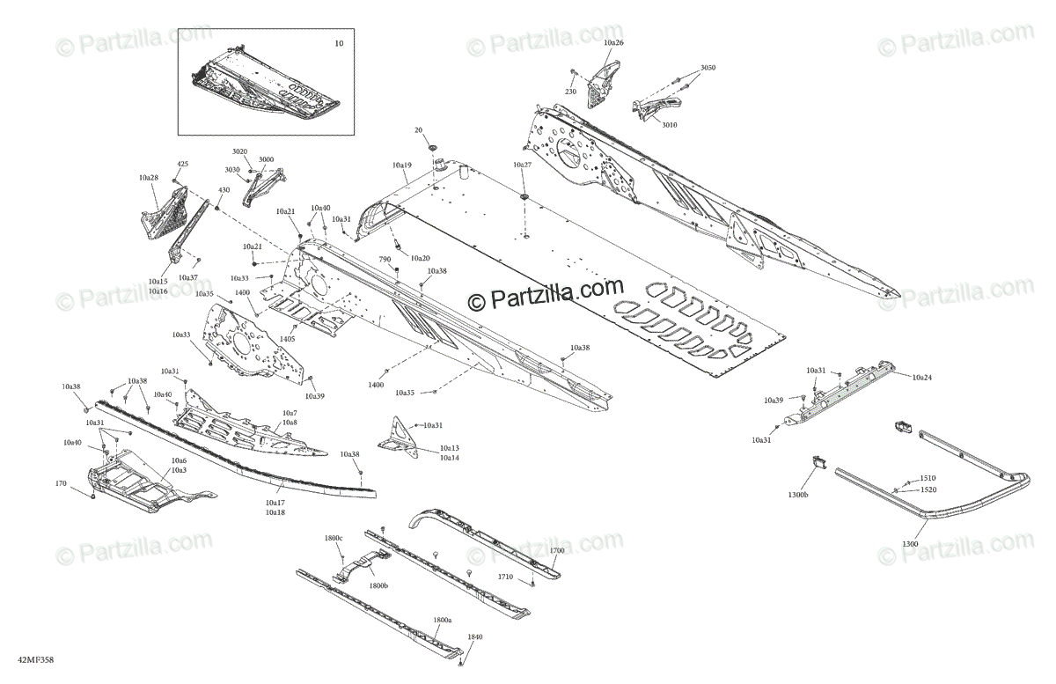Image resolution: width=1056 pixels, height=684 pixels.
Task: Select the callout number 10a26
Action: [613, 42]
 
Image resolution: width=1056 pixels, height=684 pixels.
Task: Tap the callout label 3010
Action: [669, 125]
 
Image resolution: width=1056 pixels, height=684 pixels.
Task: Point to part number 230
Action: [570, 92]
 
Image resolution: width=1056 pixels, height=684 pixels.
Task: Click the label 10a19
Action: [401, 165]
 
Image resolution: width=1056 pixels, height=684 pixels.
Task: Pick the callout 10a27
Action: [522, 165]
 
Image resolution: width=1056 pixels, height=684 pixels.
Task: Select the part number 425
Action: [183, 164]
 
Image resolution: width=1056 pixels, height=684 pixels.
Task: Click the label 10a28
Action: [148, 178]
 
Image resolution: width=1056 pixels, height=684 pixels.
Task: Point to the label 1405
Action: [287, 339]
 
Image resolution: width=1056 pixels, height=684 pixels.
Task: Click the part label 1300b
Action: [799, 496]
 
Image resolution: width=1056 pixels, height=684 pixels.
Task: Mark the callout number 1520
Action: [928, 489]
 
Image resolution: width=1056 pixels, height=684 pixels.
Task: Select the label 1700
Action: [556, 550]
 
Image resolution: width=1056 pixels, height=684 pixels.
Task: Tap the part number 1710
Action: [504, 577]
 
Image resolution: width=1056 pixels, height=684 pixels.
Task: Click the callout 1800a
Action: [442, 620]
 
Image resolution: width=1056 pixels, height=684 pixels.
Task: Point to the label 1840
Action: [474, 636]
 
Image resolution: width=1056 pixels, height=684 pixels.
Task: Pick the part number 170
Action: [61, 483]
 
